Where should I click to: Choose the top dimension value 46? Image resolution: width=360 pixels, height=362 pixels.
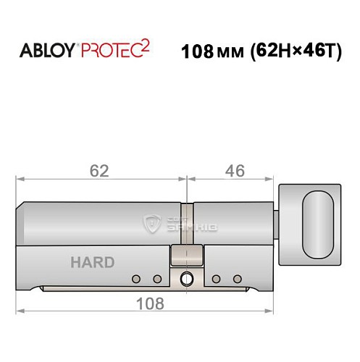(x=234, y=171)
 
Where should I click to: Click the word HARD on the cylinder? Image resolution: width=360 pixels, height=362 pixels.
(x=92, y=262)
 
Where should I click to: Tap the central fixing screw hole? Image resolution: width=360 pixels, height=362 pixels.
(x=188, y=278)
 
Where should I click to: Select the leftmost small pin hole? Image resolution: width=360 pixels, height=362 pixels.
(x=136, y=279)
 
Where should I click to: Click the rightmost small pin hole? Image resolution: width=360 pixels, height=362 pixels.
(x=236, y=279)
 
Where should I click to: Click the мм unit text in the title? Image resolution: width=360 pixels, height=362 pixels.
(x=226, y=53)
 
